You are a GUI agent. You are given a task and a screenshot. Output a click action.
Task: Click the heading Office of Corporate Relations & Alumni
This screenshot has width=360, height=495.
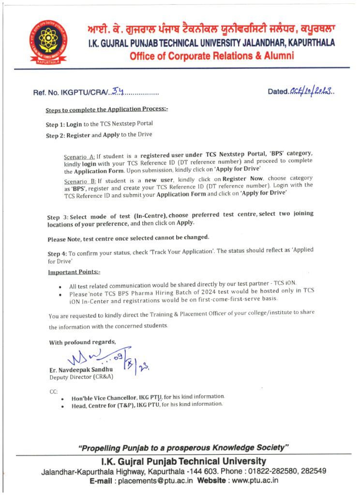[x=211, y=56]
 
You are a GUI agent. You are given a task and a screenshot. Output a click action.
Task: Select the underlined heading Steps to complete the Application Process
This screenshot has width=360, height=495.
[x=107, y=110]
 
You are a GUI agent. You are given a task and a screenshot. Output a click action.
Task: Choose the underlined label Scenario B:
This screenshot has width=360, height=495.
[x=79, y=179]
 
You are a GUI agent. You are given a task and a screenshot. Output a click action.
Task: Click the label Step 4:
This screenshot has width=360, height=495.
[x=57, y=253]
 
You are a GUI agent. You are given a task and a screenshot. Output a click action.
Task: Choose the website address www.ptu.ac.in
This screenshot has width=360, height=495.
[x=255, y=481]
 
